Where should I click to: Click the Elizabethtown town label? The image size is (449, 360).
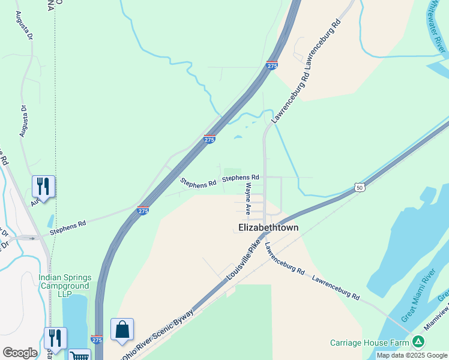[x=268, y=228]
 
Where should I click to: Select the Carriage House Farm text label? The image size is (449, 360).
[x=369, y=343]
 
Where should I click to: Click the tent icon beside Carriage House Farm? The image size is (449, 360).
[x=418, y=343]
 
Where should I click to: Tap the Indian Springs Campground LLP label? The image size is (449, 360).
[x=65, y=286]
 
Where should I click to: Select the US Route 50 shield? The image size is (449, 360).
[x=358, y=188]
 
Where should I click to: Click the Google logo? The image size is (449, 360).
[x=20, y=353]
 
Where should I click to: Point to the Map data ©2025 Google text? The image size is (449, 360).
[x=412, y=355]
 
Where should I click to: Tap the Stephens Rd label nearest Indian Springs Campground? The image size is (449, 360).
[x=68, y=227]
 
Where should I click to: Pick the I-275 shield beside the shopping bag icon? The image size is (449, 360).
[x=96, y=340]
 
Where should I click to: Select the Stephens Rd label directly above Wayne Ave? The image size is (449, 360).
[x=240, y=178]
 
